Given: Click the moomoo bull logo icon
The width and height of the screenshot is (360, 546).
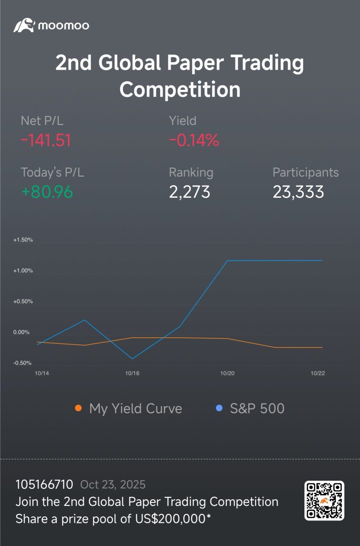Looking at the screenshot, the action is [x=24, y=26].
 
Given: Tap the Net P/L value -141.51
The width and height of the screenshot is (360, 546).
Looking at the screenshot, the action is [x=46, y=141].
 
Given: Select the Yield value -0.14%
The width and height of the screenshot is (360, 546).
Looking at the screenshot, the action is [x=194, y=141].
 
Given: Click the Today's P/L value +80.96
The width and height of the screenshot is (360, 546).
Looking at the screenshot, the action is [x=47, y=192].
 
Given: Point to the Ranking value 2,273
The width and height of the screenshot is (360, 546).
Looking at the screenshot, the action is [x=190, y=192].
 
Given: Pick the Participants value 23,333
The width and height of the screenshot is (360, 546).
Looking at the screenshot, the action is [x=298, y=192].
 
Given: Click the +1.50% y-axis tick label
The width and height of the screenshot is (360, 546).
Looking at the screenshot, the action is [x=23, y=240].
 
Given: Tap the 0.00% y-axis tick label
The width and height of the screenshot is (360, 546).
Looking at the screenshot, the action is [x=21, y=332].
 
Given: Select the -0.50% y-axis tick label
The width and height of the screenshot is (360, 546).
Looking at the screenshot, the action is [x=22, y=363].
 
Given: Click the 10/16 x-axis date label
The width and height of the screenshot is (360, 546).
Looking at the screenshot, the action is [x=132, y=373].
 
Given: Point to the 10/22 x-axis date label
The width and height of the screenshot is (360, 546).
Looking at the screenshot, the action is [x=318, y=373].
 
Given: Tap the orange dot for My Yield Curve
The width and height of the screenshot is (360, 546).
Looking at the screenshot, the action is [x=78, y=408].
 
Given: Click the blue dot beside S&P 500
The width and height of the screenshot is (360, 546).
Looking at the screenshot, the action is [x=219, y=408].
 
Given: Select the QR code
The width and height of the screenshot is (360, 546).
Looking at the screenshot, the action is [x=324, y=501].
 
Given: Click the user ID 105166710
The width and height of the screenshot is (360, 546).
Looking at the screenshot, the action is [x=44, y=484].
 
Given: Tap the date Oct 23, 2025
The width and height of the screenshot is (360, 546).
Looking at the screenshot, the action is [x=112, y=485].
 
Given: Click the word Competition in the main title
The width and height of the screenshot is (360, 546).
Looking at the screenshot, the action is [x=180, y=89].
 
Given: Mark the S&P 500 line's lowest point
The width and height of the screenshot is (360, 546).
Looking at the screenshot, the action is [x=132, y=359].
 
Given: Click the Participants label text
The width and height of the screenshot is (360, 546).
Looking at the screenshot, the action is [x=306, y=172].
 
